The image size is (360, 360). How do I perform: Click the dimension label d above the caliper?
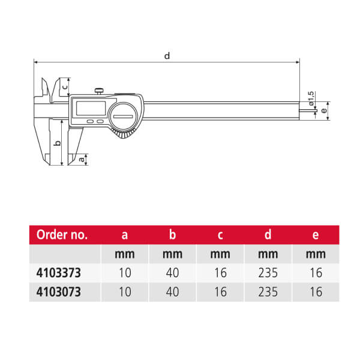pyautogui.click(x=167, y=56)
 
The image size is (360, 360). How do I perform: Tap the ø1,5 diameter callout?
pyautogui.click(x=311, y=98)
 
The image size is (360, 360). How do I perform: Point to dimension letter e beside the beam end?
pyautogui.click(x=324, y=110)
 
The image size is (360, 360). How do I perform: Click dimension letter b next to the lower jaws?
pyautogui.click(x=58, y=143)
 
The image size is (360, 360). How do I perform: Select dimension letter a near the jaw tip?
pyautogui.click(x=82, y=159)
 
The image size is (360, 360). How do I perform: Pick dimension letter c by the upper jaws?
pyautogui.click(x=65, y=87)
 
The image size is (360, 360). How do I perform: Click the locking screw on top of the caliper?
pyautogui.click(x=99, y=91)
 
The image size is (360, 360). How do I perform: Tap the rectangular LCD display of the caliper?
pyautogui.click(x=91, y=108)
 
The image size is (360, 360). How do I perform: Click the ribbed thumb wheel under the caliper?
pyautogui.click(x=123, y=134)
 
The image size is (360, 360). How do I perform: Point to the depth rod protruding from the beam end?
pyautogui.click(x=308, y=111)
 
